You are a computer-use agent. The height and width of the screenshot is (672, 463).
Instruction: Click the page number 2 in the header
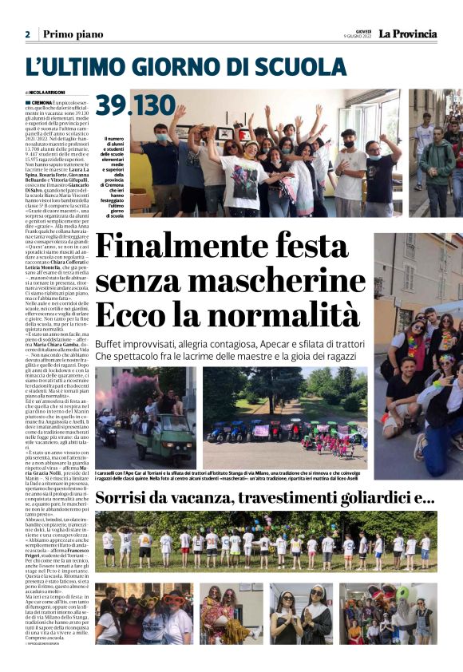(27, 34)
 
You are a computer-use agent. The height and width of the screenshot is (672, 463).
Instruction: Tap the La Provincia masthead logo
(407, 34)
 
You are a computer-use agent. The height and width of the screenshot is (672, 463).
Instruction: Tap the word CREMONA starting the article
(46, 103)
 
